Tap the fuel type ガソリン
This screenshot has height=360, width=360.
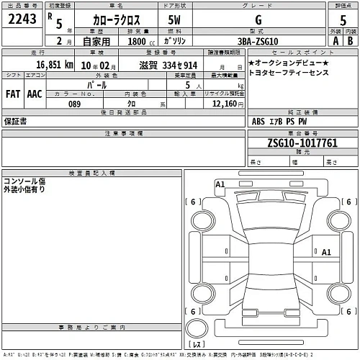tap(176, 42)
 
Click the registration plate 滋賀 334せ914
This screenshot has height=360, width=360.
tap(166, 66)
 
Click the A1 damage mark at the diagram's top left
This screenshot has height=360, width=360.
tap(220, 185)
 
